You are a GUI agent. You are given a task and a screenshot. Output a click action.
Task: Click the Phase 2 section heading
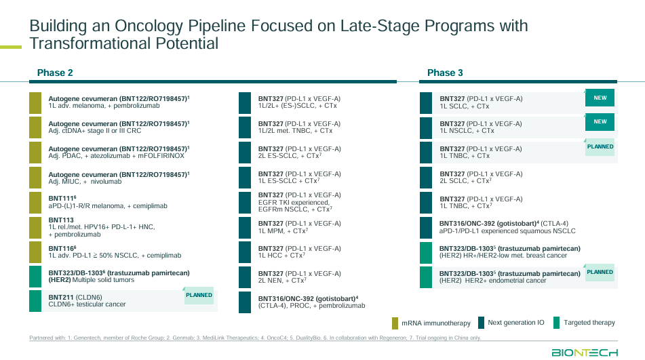[x=55, y=73]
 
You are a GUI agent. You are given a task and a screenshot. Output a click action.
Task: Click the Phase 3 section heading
[x=445, y=73]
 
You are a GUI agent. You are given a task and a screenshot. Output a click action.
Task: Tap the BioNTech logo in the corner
[x=584, y=352]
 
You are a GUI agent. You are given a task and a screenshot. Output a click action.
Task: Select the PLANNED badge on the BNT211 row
[x=199, y=296]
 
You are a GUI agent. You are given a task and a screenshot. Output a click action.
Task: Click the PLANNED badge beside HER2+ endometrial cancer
[x=600, y=273]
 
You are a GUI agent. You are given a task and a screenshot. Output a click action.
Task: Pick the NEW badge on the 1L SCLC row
[x=600, y=98]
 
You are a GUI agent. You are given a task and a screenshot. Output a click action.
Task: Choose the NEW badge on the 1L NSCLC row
[x=600, y=122]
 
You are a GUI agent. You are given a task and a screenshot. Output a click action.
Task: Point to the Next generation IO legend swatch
[x=482, y=323]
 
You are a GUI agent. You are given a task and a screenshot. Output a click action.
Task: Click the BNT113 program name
[x=61, y=220]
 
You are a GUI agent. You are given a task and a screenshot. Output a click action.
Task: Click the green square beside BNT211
[x=35, y=301]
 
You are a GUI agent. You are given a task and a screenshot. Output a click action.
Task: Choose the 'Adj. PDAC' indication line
[x=116, y=156]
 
